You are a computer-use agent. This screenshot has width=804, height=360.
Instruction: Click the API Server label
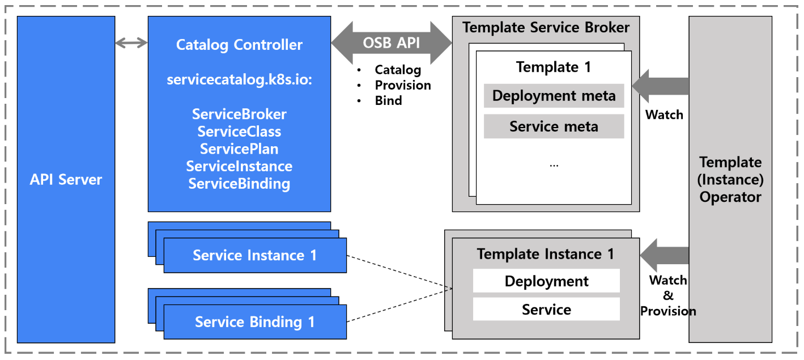[66, 180]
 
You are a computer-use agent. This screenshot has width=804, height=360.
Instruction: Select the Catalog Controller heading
[239, 45]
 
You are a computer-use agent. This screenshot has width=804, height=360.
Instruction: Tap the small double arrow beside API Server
[131, 43]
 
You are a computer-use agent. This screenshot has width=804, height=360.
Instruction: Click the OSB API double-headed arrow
[392, 43]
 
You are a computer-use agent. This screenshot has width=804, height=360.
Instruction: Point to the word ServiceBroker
[239, 114]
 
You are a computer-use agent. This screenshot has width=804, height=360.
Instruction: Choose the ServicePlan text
[239, 149]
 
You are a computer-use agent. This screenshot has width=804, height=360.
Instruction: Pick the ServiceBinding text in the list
[239, 184]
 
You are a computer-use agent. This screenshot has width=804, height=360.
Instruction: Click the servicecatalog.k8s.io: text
[239, 80]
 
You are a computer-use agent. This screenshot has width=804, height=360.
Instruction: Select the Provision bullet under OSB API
[402, 85]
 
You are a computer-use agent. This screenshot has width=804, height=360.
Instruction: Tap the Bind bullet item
[388, 100]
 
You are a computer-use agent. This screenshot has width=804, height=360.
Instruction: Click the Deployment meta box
[554, 96]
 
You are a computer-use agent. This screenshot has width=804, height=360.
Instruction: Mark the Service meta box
[554, 126]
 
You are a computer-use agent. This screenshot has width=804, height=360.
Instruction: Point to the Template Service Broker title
[546, 27]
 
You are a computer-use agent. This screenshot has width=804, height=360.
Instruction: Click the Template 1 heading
[554, 67]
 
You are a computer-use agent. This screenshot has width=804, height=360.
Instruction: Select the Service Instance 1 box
[255, 255]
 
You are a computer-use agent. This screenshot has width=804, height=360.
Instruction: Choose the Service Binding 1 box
[255, 322]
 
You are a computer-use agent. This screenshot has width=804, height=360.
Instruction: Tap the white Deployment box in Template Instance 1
[546, 281]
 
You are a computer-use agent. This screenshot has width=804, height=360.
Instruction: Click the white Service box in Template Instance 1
[546, 310]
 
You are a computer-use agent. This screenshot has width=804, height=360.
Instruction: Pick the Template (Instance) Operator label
[730, 180]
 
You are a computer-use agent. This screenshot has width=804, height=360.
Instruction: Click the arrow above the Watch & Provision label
[664, 255]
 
